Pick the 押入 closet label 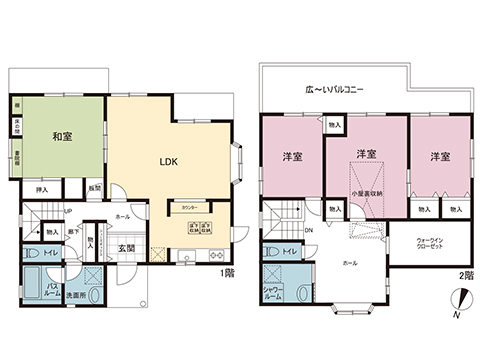click(x=42, y=189)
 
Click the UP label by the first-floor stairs click(x=67, y=212)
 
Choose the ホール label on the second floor click(x=350, y=263)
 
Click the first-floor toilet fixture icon click(x=32, y=253)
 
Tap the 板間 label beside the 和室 click(x=94, y=188)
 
